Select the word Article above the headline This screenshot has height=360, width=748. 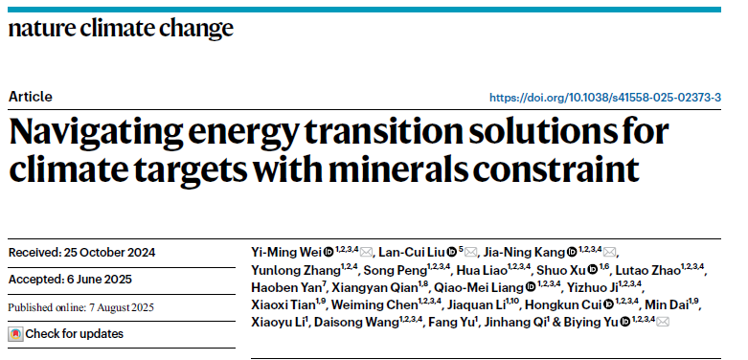click(x=30, y=98)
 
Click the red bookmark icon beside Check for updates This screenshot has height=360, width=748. click(x=15, y=334)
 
